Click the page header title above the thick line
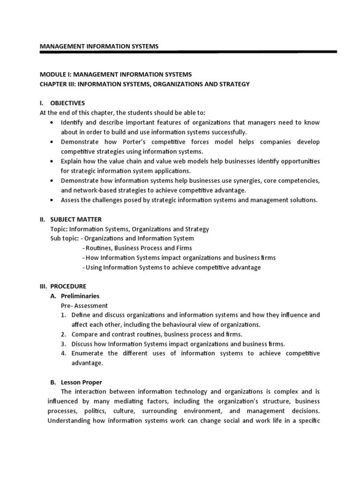(99, 46)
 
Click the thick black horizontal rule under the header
(187, 52)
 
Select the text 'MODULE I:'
(55, 75)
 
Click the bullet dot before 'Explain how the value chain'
(51, 161)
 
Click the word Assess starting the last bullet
(71, 200)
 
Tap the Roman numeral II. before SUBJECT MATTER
(43, 219)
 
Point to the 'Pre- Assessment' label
(81, 305)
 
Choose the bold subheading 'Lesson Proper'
(82, 382)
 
